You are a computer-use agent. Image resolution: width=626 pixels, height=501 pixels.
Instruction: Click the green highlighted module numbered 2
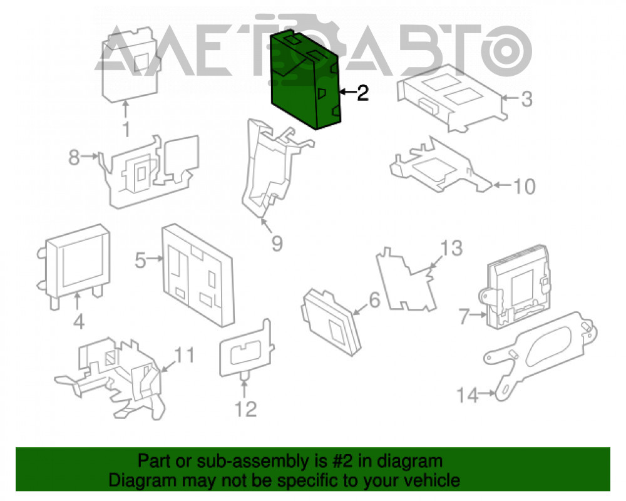pyautogui.click(x=305, y=80)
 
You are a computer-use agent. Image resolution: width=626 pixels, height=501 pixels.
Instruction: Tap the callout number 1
pyautogui.click(x=126, y=130)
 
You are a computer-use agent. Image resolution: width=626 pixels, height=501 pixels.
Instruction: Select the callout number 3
pyautogui.click(x=527, y=99)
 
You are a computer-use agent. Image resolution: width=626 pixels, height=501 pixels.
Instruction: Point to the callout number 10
pyautogui.click(x=524, y=187)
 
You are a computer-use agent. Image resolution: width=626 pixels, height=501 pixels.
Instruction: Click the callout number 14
pyautogui.click(x=467, y=396)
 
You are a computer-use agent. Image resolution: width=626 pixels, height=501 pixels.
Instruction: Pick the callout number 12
pyautogui.click(x=245, y=409)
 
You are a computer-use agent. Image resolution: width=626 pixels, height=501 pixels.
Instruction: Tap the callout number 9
pyautogui.click(x=277, y=243)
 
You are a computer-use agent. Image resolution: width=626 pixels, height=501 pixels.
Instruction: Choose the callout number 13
pyautogui.click(x=451, y=248)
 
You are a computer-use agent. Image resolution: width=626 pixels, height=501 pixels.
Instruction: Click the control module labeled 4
pyautogui.click(x=74, y=266)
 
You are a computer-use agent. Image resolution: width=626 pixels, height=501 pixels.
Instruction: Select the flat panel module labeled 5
pyautogui.click(x=198, y=275)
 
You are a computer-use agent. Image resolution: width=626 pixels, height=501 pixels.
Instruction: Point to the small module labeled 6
pyautogui.click(x=331, y=322)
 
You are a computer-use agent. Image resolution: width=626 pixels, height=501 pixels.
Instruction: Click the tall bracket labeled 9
pyautogui.click(x=275, y=168)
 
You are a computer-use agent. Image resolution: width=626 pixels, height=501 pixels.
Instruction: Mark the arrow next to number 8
pyautogui.click(x=90, y=156)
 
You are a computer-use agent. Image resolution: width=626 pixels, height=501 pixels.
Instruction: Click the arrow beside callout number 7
pyautogui.click(x=478, y=315)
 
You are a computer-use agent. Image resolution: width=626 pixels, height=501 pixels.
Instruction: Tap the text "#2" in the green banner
pyautogui.click(x=342, y=461)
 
